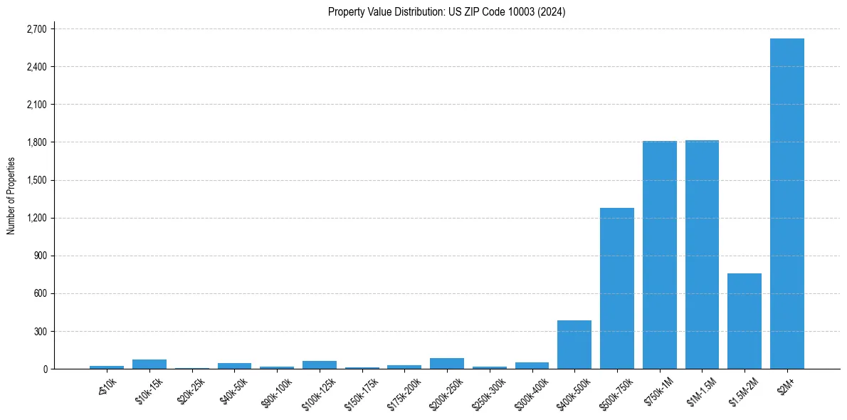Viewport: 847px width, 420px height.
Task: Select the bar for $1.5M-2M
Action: tap(745, 321)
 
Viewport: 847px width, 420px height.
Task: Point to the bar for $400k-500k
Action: tap(574, 345)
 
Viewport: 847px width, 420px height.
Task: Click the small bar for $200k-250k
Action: tap(447, 363)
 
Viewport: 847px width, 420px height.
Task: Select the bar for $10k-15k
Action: tap(149, 364)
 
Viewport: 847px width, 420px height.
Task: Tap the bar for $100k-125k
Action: tap(320, 364)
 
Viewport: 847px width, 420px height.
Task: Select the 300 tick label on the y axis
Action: tap(40, 332)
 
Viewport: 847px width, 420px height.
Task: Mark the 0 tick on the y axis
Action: tap(45, 369)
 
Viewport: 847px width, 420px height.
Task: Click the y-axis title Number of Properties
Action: tap(11, 196)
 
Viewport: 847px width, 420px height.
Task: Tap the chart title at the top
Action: tap(446, 11)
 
